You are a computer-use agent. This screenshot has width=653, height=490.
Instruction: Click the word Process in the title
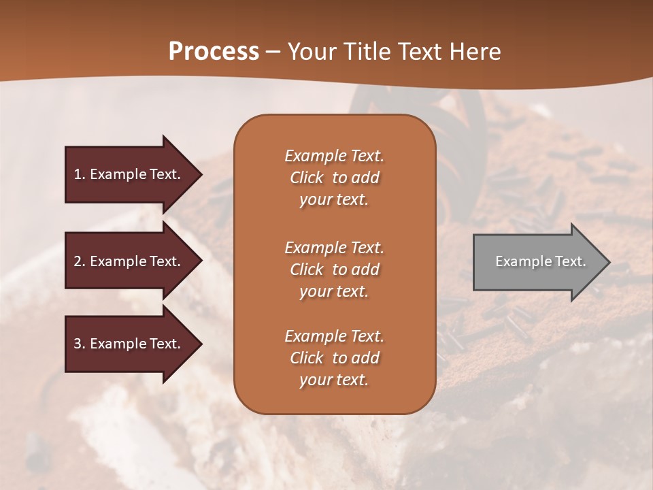click(x=214, y=51)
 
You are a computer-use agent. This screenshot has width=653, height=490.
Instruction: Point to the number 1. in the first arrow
click(x=80, y=174)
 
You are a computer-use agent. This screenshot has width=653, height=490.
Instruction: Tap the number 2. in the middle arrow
click(x=80, y=261)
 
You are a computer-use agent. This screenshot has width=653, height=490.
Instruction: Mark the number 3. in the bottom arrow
click(x=80, y=344)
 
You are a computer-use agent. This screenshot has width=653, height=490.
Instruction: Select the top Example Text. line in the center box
click(x=334, y=156)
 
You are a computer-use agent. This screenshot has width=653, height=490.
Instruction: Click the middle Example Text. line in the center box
click(x=334, y=247)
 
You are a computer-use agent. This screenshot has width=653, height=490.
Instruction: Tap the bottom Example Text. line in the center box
click(x=334, y=336)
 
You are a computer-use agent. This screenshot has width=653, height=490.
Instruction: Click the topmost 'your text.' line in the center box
click(x=334, y=200)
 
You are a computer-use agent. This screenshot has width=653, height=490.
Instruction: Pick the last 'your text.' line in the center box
click(x=334, y=380)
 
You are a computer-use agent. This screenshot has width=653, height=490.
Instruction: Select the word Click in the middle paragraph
click(x=307, y=269)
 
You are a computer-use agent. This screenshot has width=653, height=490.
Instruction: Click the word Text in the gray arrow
click(x=570, y=261)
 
